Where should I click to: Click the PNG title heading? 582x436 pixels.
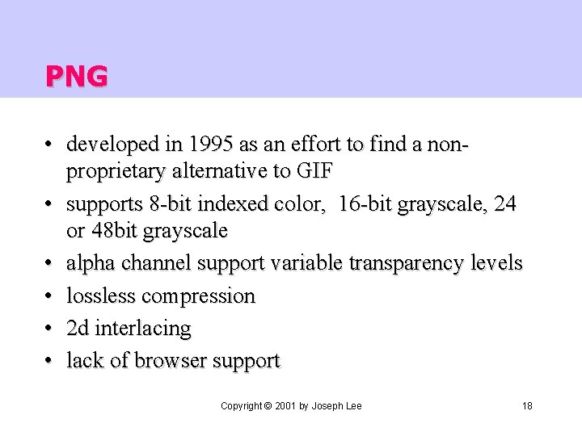(x=76, y=76)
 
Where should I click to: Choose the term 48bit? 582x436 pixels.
(x=113, y=231)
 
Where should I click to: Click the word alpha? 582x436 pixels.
(x=91, y=263)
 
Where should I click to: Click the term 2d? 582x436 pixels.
(x=78, y=328)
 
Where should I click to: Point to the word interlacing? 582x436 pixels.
(x=143, y=329)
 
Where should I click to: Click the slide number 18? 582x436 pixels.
(x=527, y=405)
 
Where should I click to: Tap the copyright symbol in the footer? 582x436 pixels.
(x=268, y=405)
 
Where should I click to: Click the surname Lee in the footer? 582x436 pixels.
(x=352, y=405)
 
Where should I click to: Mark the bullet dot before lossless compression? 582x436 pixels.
(x=50, y=296)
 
